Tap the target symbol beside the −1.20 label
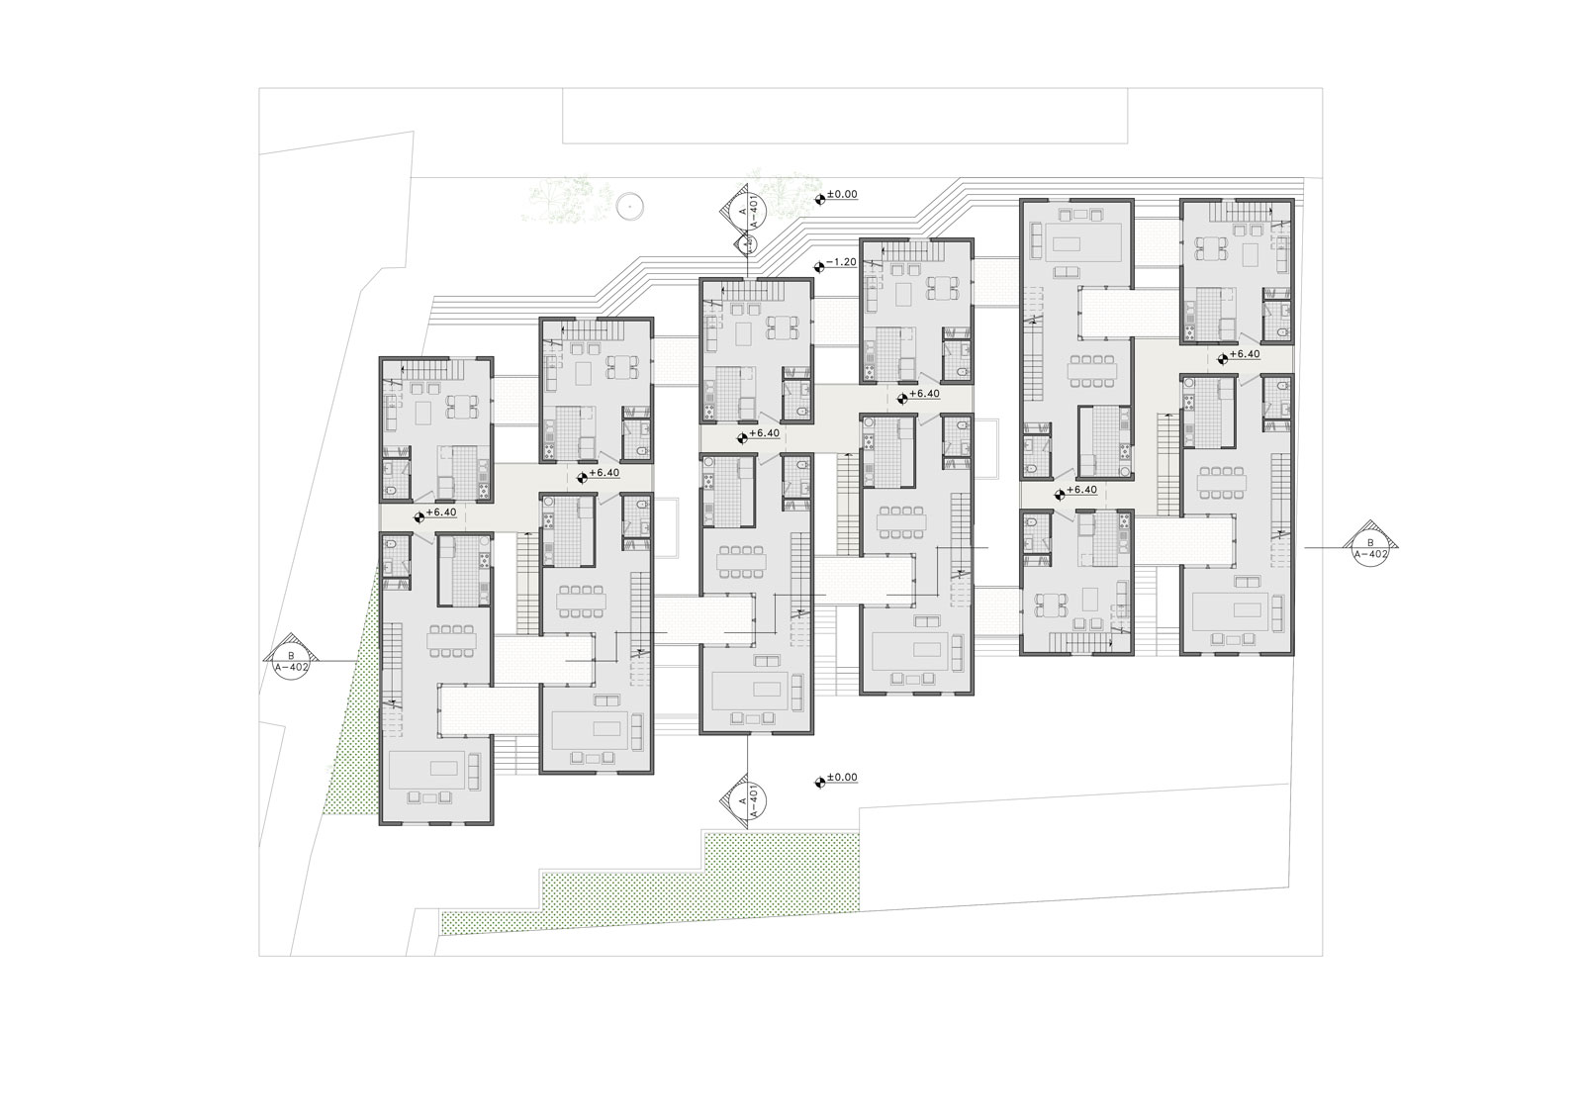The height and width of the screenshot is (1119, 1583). (x=820, y=266)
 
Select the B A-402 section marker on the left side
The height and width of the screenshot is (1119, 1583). (x=291, y=662)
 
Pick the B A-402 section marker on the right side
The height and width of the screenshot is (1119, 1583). (x=1371, y=548)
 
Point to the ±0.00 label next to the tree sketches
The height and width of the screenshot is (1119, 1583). (x=842, y=194)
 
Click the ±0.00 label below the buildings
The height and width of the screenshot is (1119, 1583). (x=842, y=778)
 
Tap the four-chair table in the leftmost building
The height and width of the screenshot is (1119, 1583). (x=461, y=406)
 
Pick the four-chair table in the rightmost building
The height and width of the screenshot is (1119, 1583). (x=1209, y=248)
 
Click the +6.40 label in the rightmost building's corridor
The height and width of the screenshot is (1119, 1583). (x=1245, y=354)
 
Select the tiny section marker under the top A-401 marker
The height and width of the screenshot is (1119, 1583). (x=745, y=243)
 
